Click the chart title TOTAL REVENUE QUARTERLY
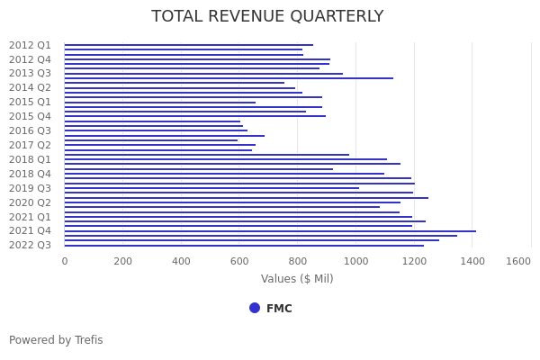(x=267, y=17)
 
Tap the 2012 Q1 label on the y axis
(x=31, y=45)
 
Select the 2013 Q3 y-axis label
(x=31, y=74)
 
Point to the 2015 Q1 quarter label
(x=31, y=102)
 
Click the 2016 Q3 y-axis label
(x=31, y=130)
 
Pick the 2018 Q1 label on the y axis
(x=31, y=159)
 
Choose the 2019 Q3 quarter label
(x=31, y=188)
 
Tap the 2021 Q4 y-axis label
(x=31, y=230)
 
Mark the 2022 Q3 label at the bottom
(x=31, y=245)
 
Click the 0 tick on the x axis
(x=65, y=261)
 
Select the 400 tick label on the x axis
(x=181, y=261)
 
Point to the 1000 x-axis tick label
(x=355, y=261)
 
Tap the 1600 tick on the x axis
(x=518, y=261)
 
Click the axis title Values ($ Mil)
(x=297, y=279)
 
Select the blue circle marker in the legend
(x=255, y=308)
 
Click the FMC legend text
(x=279, y=309)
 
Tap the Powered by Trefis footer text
(x=56, y=340)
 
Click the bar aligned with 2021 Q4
(x=270, y=231)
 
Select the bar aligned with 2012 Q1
(x=189, y=45)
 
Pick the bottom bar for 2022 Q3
(x=243, y=246)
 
